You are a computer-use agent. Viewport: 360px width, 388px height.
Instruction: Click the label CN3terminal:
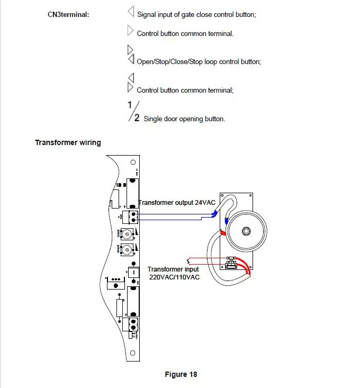coord(68,14)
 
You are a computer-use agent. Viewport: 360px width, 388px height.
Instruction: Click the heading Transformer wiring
coord(68,142)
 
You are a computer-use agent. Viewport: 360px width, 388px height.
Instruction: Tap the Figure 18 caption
coord(181,374)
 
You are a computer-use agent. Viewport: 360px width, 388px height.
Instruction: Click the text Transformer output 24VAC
coord(177,203)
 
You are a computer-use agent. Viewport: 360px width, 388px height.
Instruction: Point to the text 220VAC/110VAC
coord(174,277)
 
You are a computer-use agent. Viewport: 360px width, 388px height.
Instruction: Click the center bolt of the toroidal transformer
coord(246,231)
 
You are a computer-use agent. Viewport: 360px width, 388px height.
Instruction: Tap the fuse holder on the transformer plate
coord(230,263)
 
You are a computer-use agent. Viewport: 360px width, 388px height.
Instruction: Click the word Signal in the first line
coord(147,15)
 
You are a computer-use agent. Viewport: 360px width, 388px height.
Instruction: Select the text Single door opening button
coord(184,119)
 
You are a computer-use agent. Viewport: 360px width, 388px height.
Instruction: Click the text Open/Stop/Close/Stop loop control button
coord(199,62)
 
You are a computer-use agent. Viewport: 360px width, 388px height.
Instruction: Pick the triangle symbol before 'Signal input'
coord(131,12)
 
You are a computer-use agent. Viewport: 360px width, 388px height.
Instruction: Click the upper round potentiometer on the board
coord(128,233)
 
